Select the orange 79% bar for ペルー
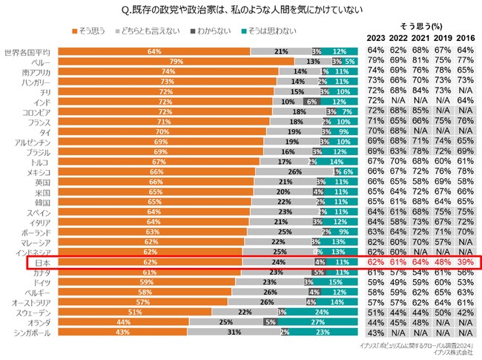point(175,62)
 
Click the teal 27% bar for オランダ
point(317,323)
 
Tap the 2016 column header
point(466,38)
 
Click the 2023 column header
point(376,38)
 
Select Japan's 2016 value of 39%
point(466,262)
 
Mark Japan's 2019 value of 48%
point(443,262)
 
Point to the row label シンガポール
point(30,333)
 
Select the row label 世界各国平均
point(27,52)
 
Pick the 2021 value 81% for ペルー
point(421,62)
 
